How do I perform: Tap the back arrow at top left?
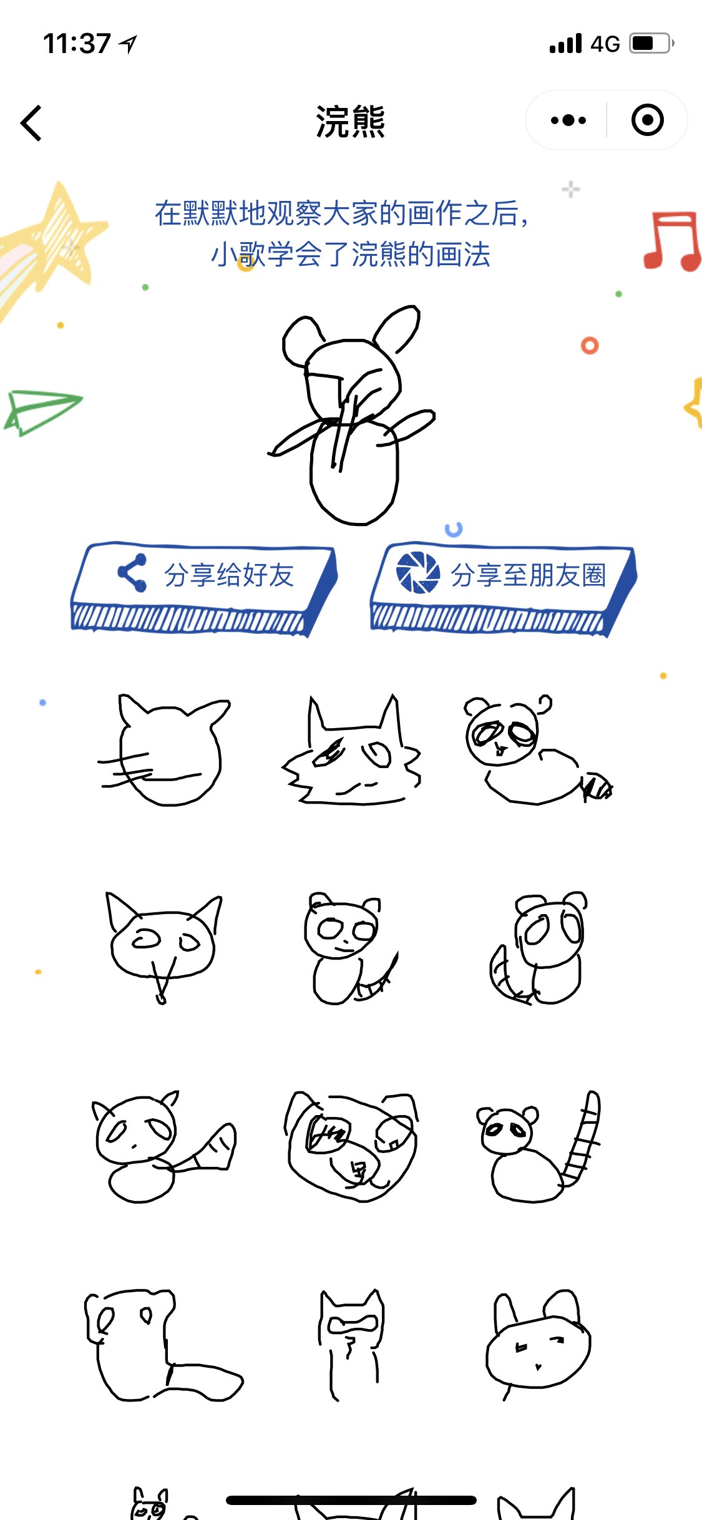coord(31,123)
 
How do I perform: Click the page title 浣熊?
coord(351,122)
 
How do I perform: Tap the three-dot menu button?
coord(568,120)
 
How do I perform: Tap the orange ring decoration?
coord(590,346)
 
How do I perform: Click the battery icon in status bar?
coord(651,44)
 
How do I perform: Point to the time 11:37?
coord(77,44)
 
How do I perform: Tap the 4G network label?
coord(605,44)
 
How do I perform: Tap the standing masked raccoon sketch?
coord(351,1342)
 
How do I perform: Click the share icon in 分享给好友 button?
coord(132,573)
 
